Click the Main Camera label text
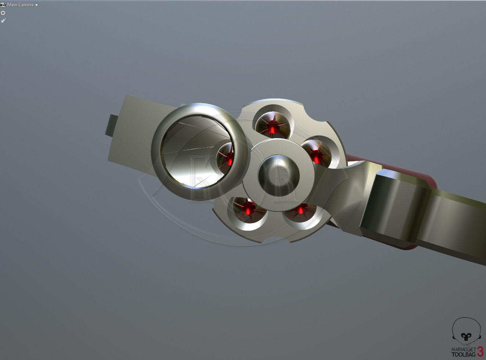pyautogui.click(x=20, y=5)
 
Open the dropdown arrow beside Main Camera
pyautogui.click(x=37, y=5)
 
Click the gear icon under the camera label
pyautogui.click(x=3, y=13)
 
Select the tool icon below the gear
pyautogui.click(x=3, y=21)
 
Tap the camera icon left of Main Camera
pyautogui.click(x=3, y=5)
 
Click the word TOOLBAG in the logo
pyautogui.click(x=463, y=354)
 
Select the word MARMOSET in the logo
pyautogui.click(x=463, y=349)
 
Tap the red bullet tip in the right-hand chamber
pyautogui.click(x=316, y=156)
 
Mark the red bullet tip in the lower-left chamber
pyautogui.click(x=249, y=209)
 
